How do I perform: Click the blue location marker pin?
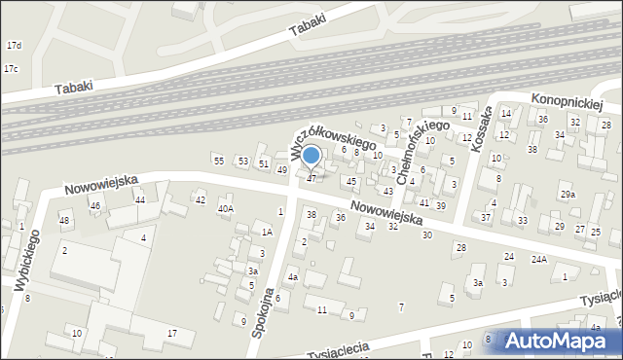pyautogui.click(x=311, y=156)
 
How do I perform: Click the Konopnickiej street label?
pyautogui.click(x=568, y=101)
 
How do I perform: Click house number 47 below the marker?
pyautogui.click(x=311, y=178)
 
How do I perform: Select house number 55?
pyautogui.click(x=219, y=161)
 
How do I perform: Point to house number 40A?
pyautogui.click(x=226, y=208)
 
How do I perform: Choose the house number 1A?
pyautogui.click(x=266, y=232)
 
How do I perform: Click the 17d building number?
pyautogui.click(x=14, y=46)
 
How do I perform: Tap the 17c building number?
pyautogui.click(x=11, y=69)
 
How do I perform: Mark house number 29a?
pyautogui.click(x=568, y=195)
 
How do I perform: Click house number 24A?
pyautogui.click(x=538, y=260)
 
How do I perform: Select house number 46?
pyautogui.click(x=95, y=206)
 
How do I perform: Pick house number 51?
pyautogui.click(x=264, y=163)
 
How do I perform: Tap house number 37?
pyautogui.click(x=486, y=217)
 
